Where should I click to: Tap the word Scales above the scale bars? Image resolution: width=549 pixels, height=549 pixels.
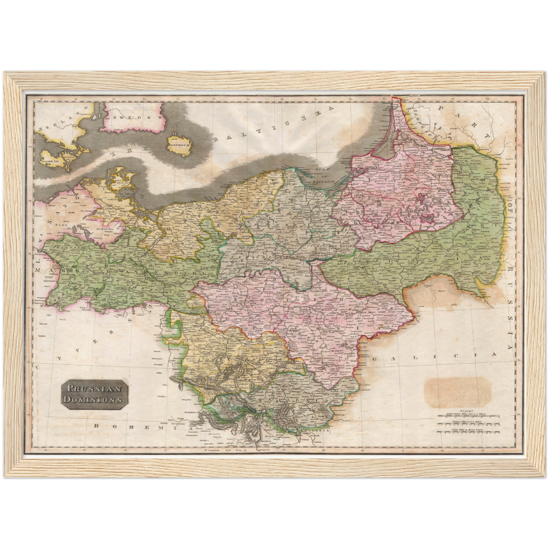pyautogui.click(x=465, y=411)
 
